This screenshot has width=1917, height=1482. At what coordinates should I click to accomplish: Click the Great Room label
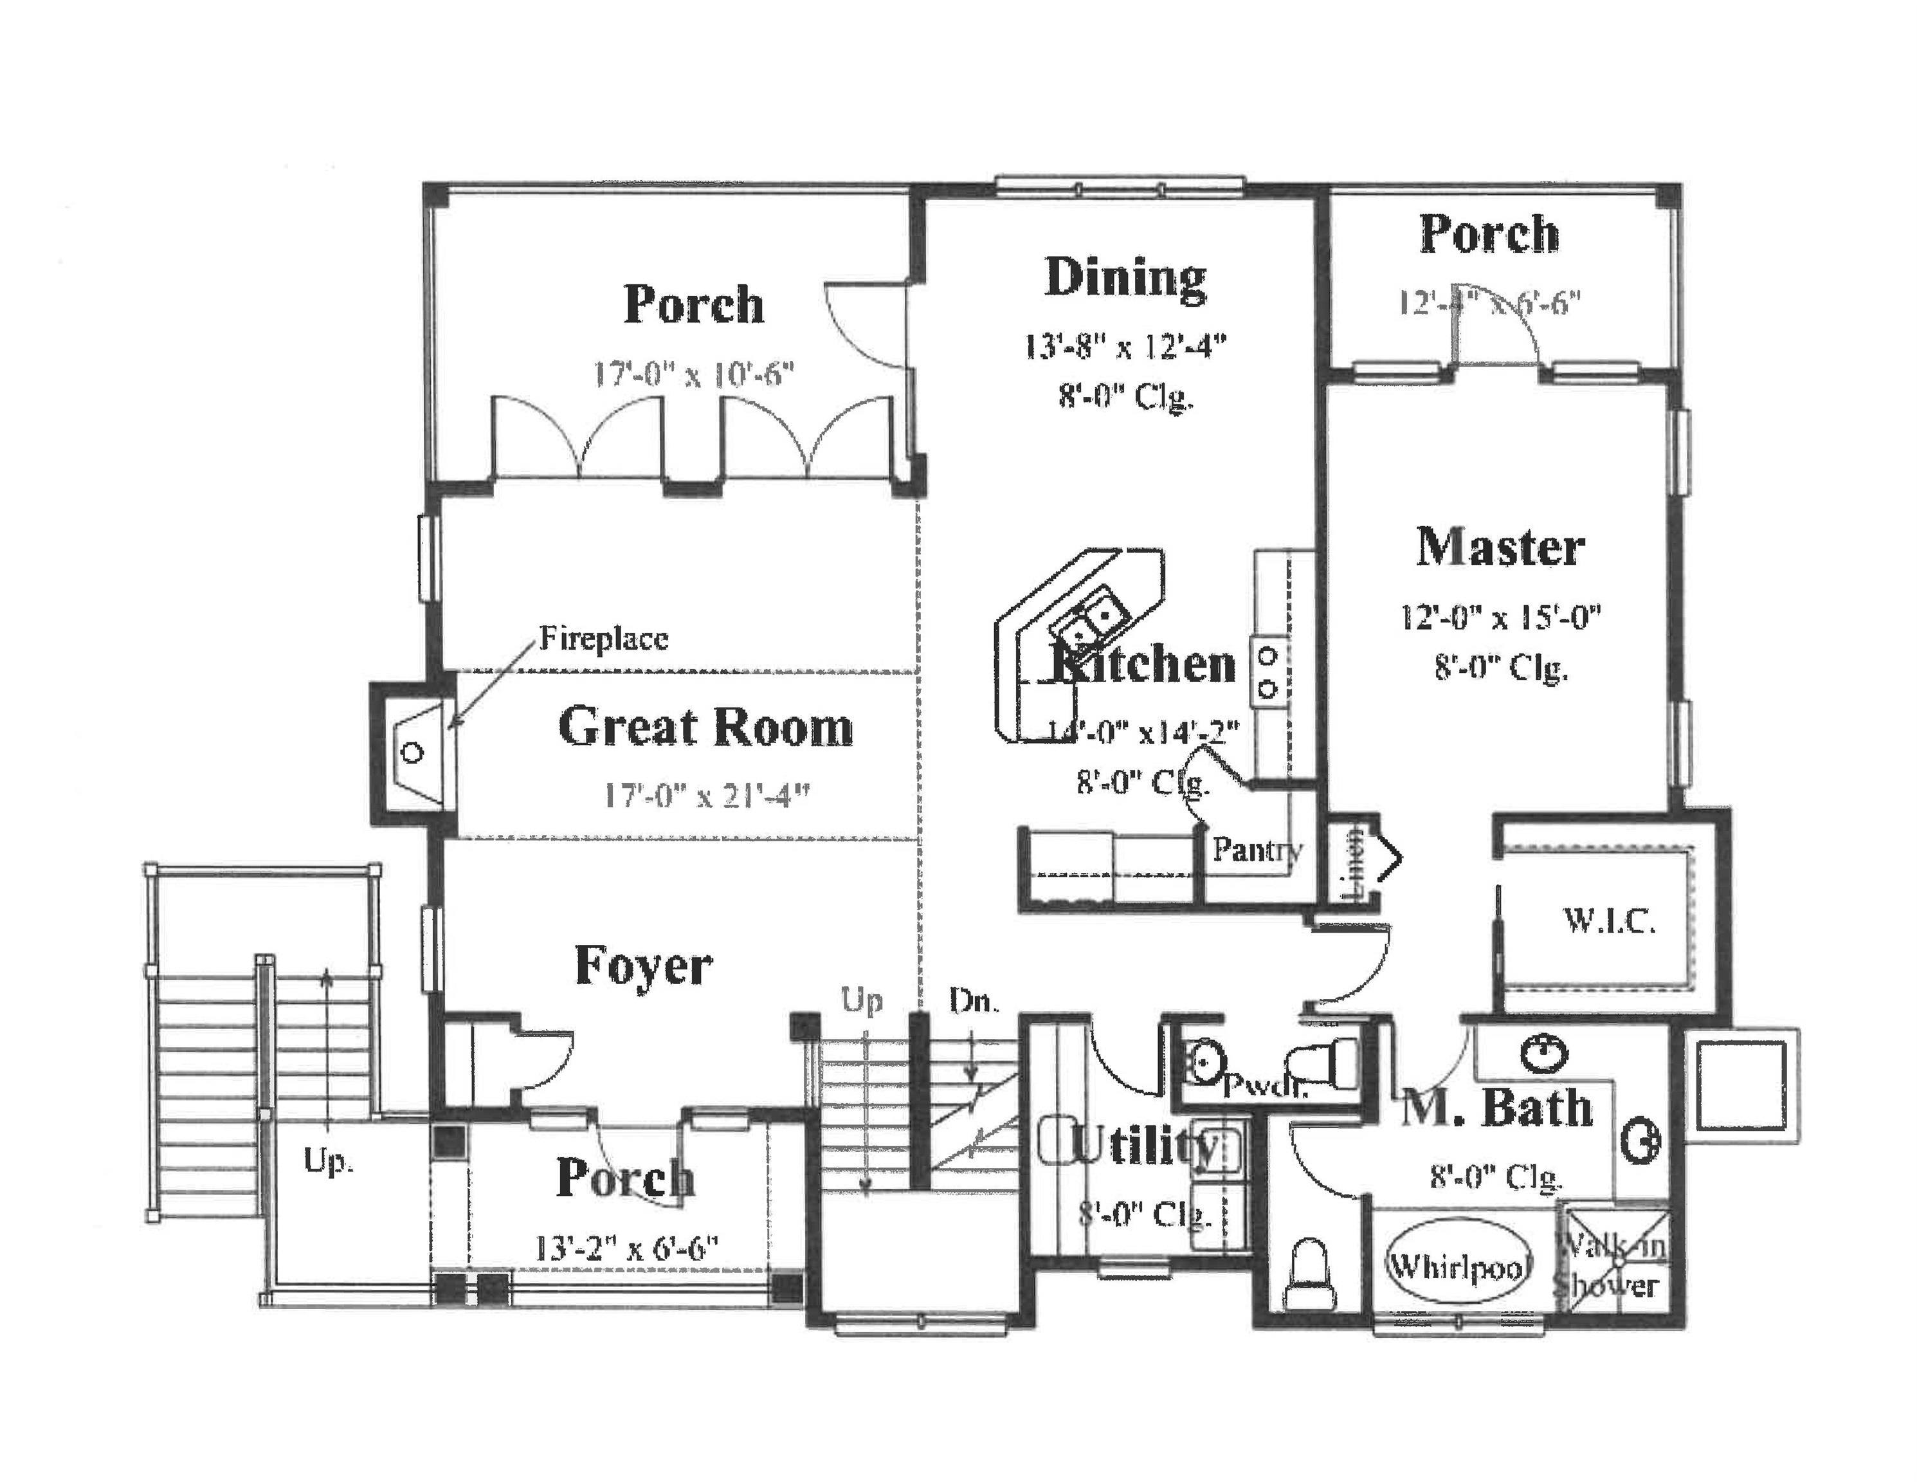(x=705, y=728)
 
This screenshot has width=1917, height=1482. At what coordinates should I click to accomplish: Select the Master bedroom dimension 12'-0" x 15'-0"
(x=1500, y=617)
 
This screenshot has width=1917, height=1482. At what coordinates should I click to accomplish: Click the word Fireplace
(x=603, y=638)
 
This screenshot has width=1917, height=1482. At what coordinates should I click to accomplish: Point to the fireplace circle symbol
(x=413, y=753)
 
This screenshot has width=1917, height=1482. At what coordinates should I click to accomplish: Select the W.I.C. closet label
(x=1609, y=921)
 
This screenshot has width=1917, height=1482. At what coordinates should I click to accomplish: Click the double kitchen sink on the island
(x=1090, y=619)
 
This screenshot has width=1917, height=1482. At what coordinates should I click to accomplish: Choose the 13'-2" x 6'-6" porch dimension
(x=627, y=1248)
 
